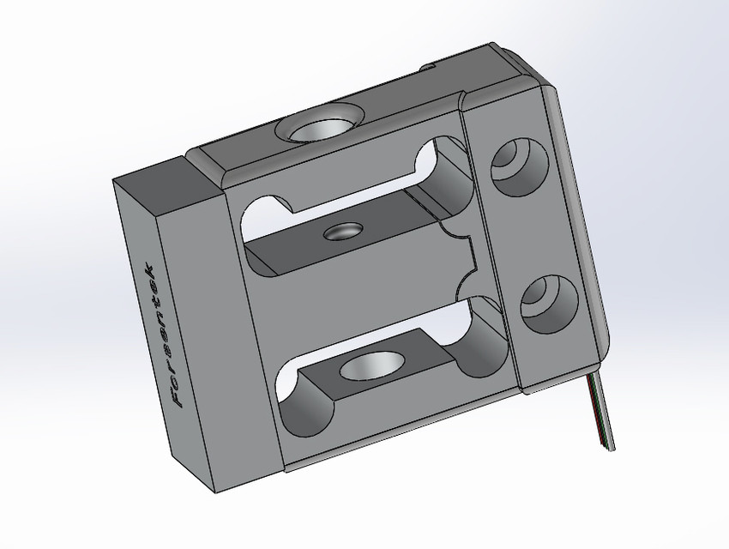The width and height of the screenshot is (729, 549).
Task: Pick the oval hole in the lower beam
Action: (371, 366)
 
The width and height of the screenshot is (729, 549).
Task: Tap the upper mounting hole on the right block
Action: (517, 163)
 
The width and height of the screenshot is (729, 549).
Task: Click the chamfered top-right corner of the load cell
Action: (536, 72)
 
